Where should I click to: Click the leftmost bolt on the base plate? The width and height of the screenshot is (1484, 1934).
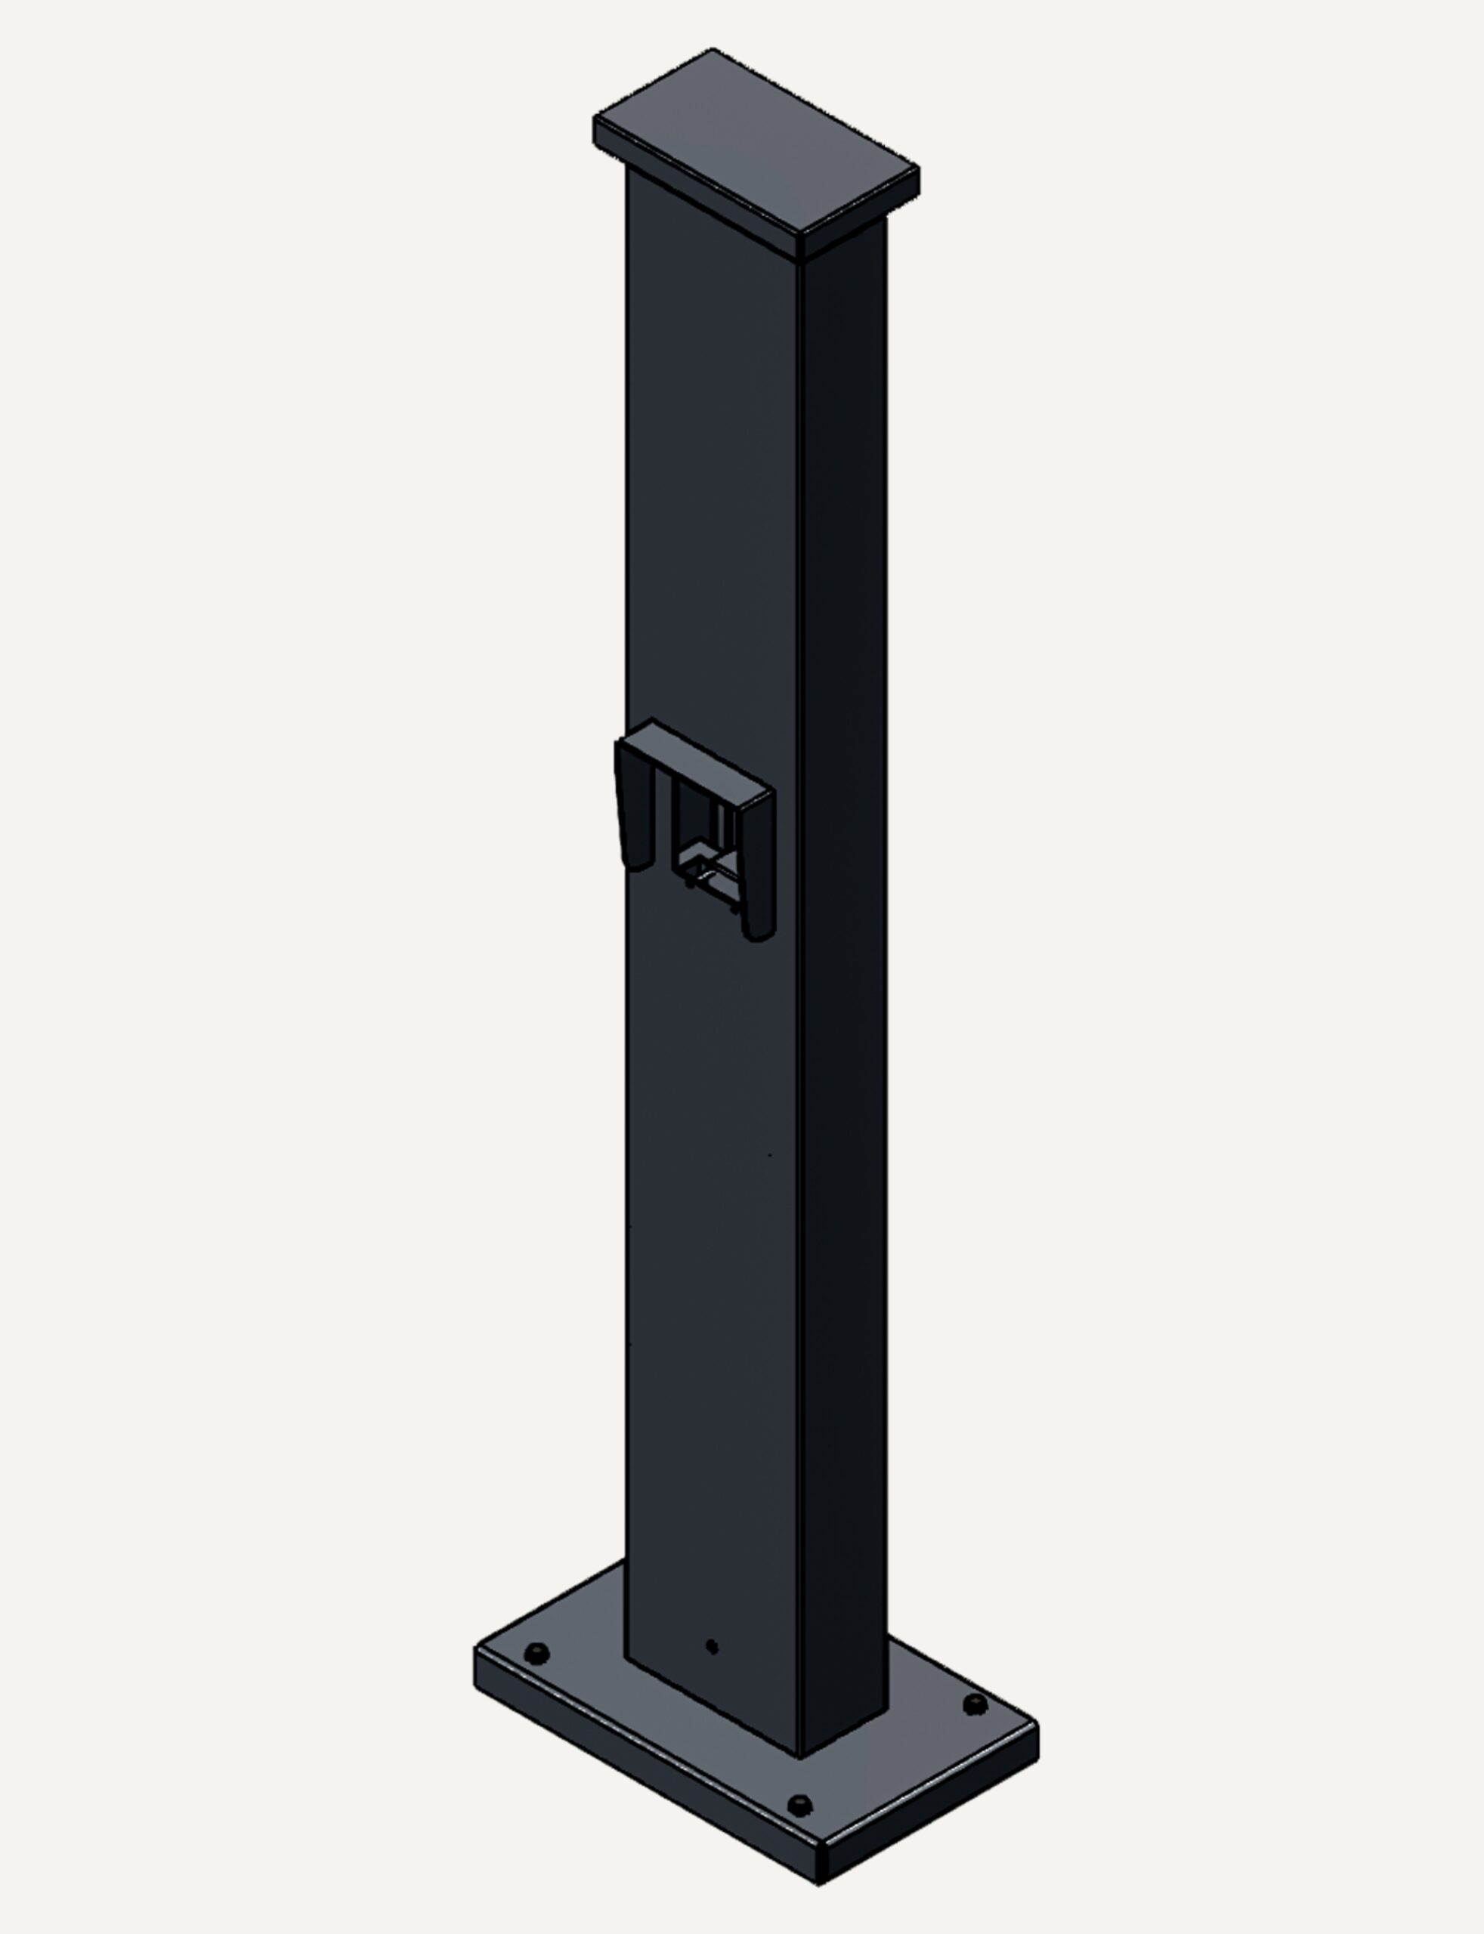click(536, 1652)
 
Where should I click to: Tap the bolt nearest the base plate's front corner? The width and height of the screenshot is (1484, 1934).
click(799, 1804)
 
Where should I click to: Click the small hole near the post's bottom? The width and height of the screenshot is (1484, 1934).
click(712, 1646)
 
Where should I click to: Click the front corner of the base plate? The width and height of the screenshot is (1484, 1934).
click(818, 1883)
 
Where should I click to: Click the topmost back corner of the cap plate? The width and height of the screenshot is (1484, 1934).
click(712, 49)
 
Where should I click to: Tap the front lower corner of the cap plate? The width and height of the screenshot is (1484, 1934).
click(800, 257)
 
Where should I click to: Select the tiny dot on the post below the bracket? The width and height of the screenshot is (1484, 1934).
click(768, 1154)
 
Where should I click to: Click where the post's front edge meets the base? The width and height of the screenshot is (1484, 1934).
click(799, 1757)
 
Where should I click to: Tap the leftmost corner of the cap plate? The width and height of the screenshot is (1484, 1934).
click(594, 119)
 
